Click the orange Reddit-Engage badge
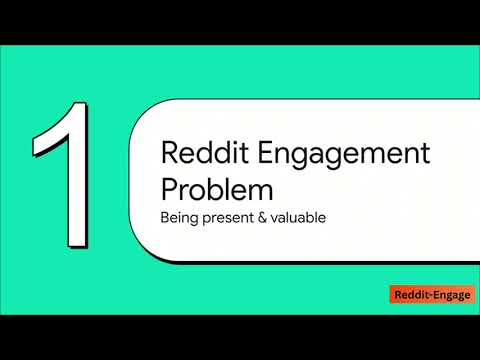click(430, 295)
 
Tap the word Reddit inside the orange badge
click(410, 295)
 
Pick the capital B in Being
click(165, 217)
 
